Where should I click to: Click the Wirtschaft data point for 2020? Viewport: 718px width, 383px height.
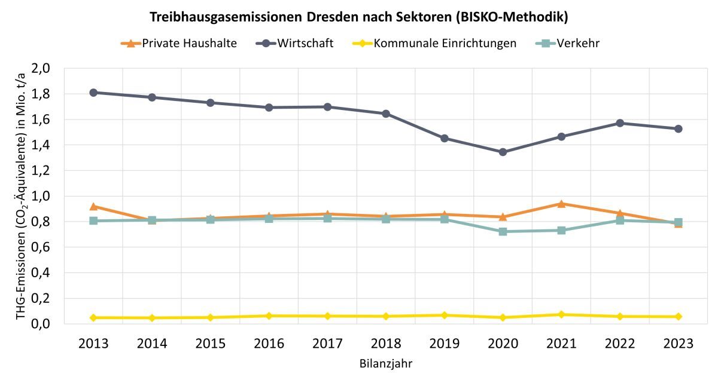tap(503, 152)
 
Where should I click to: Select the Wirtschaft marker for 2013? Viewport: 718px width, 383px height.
tap(93, 93)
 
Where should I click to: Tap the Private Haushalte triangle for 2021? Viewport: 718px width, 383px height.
tap(561, 204)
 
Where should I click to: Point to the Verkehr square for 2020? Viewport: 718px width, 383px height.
tap(503, 231)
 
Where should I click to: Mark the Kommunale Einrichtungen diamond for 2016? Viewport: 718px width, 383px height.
tap(269, 315)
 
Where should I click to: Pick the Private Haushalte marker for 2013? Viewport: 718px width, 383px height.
tap(93, 206)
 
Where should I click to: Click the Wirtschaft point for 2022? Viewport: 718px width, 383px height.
tap(620, 123)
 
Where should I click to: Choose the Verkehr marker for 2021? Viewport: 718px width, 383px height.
tap(561, 230)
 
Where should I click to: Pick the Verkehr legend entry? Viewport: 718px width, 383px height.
tap(578, 43)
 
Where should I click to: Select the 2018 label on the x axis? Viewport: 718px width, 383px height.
tap(386, 344)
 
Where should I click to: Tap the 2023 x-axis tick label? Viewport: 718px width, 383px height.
tap(678, 344)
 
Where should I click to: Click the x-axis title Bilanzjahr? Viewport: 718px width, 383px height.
tap(385, 363)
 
